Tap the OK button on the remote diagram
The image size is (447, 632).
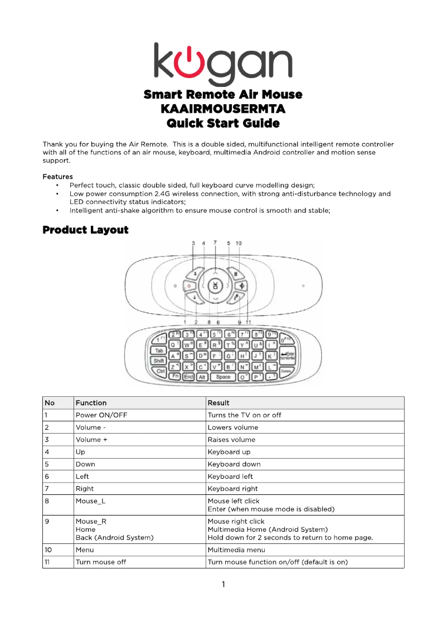pyautogui.click(x=215, y=285)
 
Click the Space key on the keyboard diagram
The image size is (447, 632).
pyautogui.click(x=223, y=377)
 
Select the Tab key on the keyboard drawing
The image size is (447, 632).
pyautogui.click(x=159, y=351)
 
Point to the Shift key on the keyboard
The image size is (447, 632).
pyautogui.click(x=158, y=361)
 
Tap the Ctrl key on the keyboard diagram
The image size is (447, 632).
pyautogui.click(x=161, y=371)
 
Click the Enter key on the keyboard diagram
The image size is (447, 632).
pyautogui.click(x=288, y=355)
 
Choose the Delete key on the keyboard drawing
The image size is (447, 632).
pyautogui.click(x=286, y=371)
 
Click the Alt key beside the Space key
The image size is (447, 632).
pyautogui.click(x=202, y=377)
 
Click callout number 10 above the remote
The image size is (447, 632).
pyautogui.click(x=239, y=244)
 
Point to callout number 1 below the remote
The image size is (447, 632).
pyautogui.click(x=184, y=322)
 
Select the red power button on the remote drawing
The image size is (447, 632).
pyautogui.click(x=189, y=286)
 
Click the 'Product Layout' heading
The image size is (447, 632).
pyautogui.click(x=85, y=230)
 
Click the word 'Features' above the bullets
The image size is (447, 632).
pyautogui.click(x=57, y=177)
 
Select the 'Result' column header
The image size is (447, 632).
pyautogui.click(x=218, y=403)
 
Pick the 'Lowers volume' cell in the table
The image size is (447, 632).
pyautogui.click(x=232, y=427)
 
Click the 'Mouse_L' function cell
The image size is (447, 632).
pyautogui.click(x=90, y=501)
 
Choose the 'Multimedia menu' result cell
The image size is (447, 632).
pyautogui.click(x=236, y=550)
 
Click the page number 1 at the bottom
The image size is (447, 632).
pyautogui.click(x=223, y=585)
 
